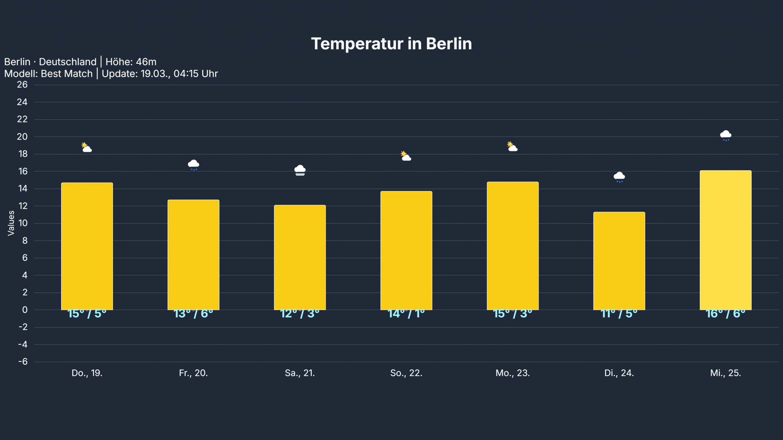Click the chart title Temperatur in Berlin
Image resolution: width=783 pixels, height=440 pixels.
pyautogui.click(x=391, y=44)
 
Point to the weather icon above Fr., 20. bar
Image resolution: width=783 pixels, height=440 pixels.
pyautogui.click(x=193, y=165)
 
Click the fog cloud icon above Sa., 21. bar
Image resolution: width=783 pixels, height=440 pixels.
pyautogui.click(x=300, y=170)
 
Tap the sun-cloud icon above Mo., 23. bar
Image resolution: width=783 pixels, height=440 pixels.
pyautogui.click(x=512, y=147)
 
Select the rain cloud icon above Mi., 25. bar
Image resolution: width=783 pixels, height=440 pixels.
pyautogui.click(x=725, y=136)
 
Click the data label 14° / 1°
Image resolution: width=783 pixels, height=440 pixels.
pyautogui.click(x=406, y=314)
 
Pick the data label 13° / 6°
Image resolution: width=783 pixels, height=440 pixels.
pyautogui.click(x=193, y=314)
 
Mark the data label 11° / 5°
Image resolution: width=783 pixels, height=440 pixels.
pyautogui.click(x=619, y=314)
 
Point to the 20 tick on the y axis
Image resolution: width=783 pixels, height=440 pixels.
pyautogui.click(x=22, y=137)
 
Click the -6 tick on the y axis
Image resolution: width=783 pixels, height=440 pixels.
pyautogui.click(x=23, y=362)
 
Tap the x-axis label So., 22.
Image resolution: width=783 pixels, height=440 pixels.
pyautogui.click(x=406, y=373)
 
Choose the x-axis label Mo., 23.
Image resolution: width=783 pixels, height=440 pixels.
pyautogui.click(x=513, y=373)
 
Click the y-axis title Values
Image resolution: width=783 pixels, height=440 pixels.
pyautogui.click(x=11, y=223)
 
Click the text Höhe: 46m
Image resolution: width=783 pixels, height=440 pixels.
pyautogui.click(x=131, y=62)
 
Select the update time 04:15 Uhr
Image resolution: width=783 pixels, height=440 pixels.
pyautogui.click(x=196, y=74)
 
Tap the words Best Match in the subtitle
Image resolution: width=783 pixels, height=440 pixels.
pyautogui.click(x=67, y=74)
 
